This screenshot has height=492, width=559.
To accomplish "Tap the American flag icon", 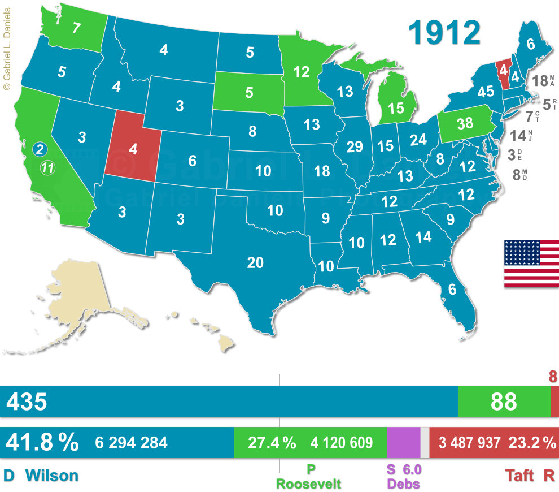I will tap(531, 264).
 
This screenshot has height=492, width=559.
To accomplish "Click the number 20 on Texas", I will tap(255, 262).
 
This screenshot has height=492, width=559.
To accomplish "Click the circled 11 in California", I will tap(48, 167).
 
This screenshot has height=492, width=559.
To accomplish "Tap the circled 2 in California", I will tap(40, 149).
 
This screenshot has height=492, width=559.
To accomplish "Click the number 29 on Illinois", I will tap(355, 147).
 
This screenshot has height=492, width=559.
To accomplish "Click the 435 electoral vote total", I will tap(26, 402).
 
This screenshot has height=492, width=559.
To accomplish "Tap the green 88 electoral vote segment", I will tap(504, 402).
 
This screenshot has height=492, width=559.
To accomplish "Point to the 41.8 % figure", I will tap(42, 442).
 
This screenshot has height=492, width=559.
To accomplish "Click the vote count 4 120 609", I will tap(341, 443).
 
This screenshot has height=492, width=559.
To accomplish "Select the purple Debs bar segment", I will tap(404, 442).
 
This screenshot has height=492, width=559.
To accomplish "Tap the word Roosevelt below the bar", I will tap(308, 484).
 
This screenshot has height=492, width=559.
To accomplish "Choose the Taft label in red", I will tap(520, 475).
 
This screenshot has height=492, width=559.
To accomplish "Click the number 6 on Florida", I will tap(452, 289).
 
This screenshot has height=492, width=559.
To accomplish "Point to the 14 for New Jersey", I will tap(517, 135).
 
